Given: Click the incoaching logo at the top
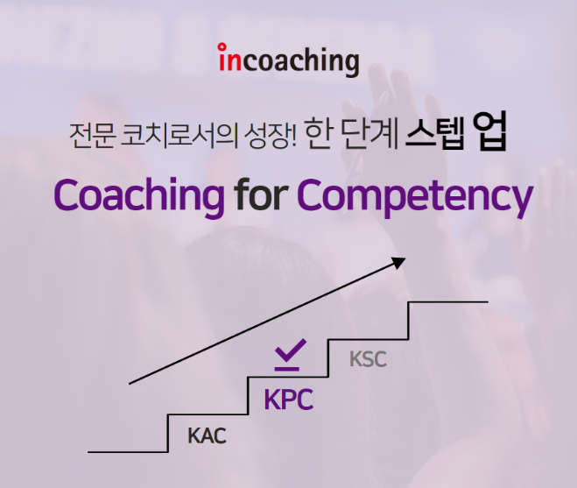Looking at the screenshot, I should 288,61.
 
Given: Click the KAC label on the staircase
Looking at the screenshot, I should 207,435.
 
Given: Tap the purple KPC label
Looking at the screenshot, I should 288,400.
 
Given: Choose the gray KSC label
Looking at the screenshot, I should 367,359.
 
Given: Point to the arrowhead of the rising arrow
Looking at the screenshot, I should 400,261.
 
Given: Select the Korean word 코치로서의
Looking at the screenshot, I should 167,138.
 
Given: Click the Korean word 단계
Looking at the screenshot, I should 368,137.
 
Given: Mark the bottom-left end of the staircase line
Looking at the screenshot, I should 90,452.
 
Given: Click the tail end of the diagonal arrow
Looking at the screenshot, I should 130,383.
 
